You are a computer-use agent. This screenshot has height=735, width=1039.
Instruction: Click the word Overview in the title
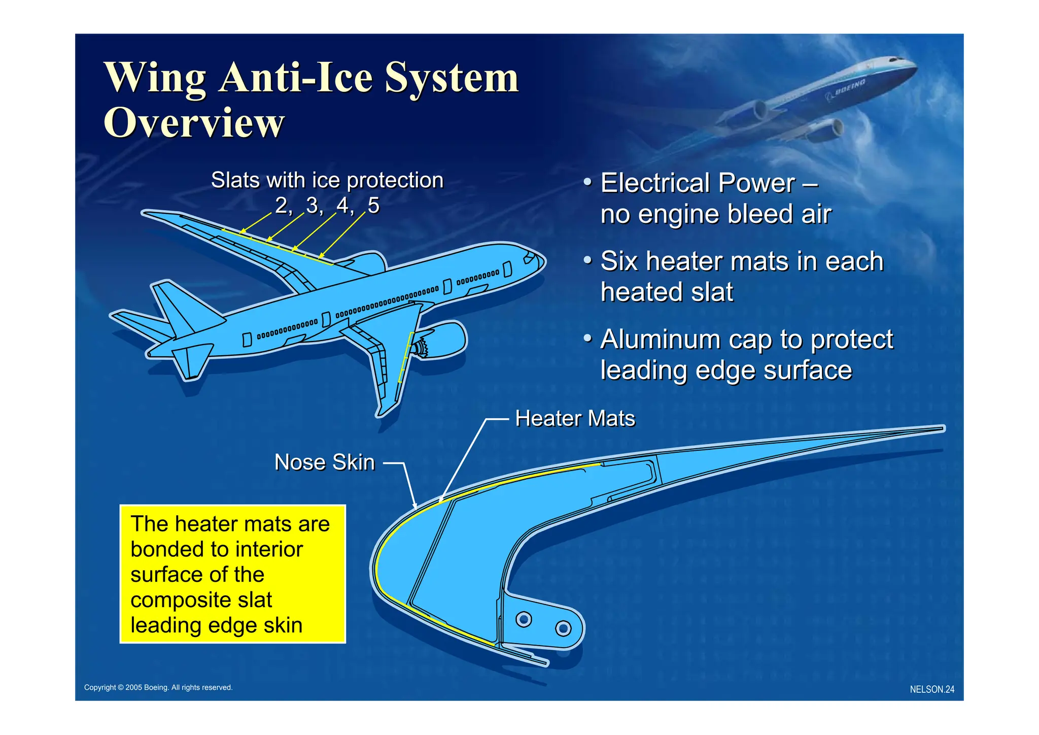coord(194,122)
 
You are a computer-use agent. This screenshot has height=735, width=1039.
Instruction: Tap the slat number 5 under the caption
coord(373,206)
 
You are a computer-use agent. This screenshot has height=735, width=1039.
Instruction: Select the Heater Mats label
coord(575,419)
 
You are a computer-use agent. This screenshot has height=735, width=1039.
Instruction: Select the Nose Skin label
coord(325,462)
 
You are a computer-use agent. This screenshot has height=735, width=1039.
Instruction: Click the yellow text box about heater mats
coord(233,574)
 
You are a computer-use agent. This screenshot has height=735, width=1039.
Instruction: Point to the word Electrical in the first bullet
coord(655,183)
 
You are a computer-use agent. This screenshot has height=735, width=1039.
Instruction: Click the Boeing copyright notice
coord(158,687)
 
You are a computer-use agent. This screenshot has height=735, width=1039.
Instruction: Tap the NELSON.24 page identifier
coord(932,689)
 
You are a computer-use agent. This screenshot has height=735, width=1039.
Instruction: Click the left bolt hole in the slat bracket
coord(524,619)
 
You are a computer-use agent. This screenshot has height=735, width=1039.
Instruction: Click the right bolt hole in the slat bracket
coord(563,628)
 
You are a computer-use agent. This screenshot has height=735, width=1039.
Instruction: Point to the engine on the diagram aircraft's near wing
coord(441,342)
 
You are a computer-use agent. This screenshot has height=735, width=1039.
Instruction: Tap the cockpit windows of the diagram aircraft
coord(530,257)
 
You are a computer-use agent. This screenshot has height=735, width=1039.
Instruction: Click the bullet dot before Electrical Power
coord(587,182)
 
